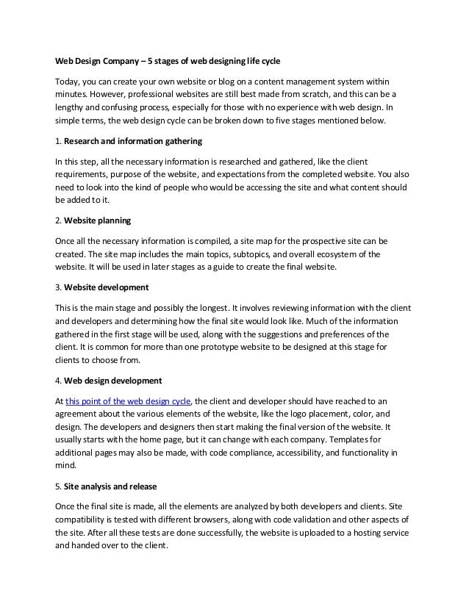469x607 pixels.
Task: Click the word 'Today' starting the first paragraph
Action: [68, 79]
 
